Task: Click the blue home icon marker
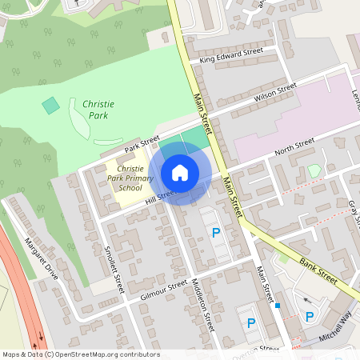180,173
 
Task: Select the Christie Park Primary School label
130,178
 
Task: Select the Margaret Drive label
41,258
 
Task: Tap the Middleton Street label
203,305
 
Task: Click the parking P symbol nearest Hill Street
214,234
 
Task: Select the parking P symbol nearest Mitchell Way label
310,317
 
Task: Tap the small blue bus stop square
278,306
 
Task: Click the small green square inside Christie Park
50,105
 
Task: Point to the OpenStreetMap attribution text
81,354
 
